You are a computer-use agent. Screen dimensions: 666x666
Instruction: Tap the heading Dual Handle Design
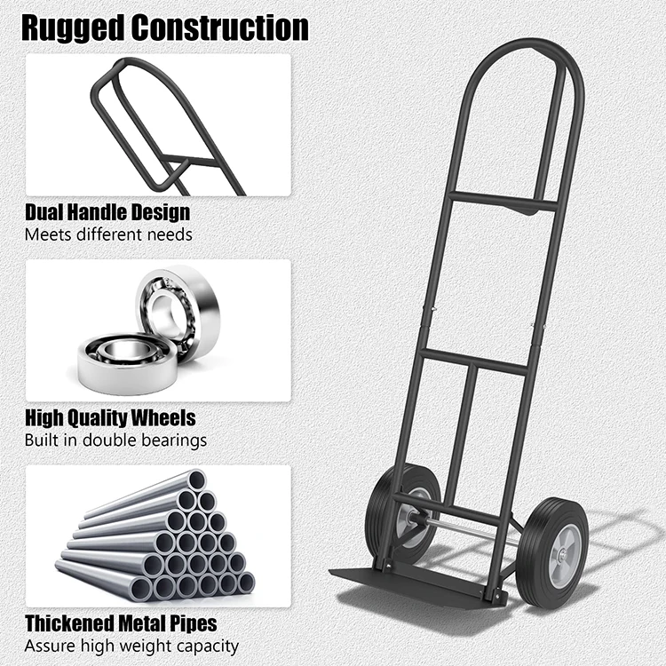point(107,212)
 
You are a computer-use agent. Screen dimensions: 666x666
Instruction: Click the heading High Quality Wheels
point(110,416)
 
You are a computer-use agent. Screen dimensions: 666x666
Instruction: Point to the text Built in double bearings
point(115,440)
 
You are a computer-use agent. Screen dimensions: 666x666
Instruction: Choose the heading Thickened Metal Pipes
point(120,623)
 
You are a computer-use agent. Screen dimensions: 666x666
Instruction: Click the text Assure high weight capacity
point(131,646)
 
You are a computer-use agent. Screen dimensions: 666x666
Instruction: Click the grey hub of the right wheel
point(561,557)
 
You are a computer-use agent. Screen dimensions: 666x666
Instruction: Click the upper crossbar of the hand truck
point(502,202)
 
